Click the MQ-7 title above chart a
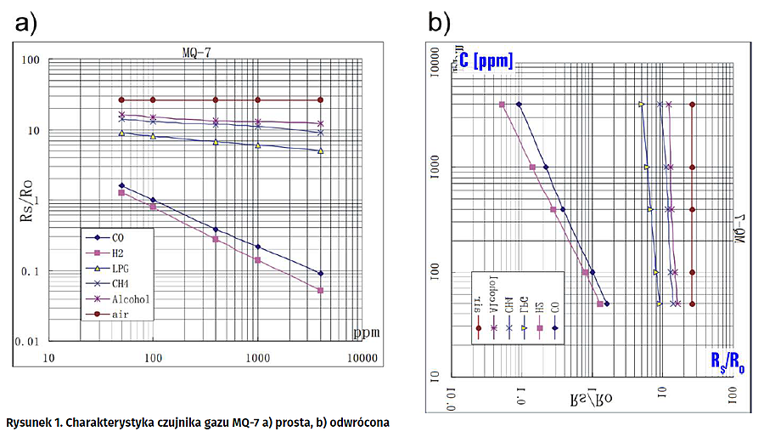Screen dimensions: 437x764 [198, 51]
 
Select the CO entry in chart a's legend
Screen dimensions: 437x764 [118, 238]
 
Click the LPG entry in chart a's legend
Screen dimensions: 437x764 [120, 269]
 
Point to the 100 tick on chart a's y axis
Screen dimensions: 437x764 [32, 60]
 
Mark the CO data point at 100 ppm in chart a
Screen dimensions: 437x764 [153, 200]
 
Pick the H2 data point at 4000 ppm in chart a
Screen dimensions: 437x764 [320, 291]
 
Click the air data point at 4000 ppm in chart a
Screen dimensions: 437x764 [320, 99]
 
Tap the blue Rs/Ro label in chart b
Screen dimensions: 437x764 [727, 363]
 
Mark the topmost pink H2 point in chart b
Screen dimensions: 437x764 [502, 105]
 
